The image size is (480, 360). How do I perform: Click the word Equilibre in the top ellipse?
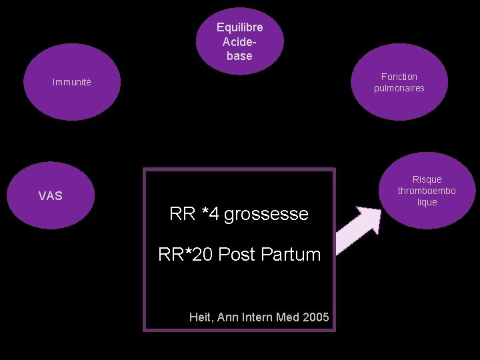click(239, 27)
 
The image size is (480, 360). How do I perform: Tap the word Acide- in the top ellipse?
click(239, 41)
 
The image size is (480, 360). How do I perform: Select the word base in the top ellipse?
click(239, 56)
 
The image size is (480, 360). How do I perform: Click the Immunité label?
click(72, 83)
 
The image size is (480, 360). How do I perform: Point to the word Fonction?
click(399, 77)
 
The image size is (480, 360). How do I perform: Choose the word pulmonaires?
click(399, 88)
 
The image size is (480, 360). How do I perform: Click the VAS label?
click(51, 195)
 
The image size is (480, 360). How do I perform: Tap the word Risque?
click(427, 179)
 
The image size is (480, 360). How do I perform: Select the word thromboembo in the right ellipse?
click(427, 191)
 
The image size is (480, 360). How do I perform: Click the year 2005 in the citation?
click(315, 317)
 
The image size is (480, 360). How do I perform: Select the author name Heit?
click(200, 317)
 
